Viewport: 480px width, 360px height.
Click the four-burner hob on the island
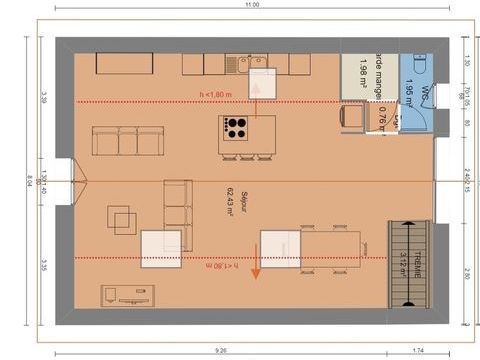236,127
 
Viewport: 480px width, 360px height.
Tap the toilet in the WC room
419,65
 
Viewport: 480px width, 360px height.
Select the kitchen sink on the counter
239,65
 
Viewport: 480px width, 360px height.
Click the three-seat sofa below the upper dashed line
127,141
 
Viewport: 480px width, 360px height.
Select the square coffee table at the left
125,219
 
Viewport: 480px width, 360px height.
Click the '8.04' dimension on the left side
29,181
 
